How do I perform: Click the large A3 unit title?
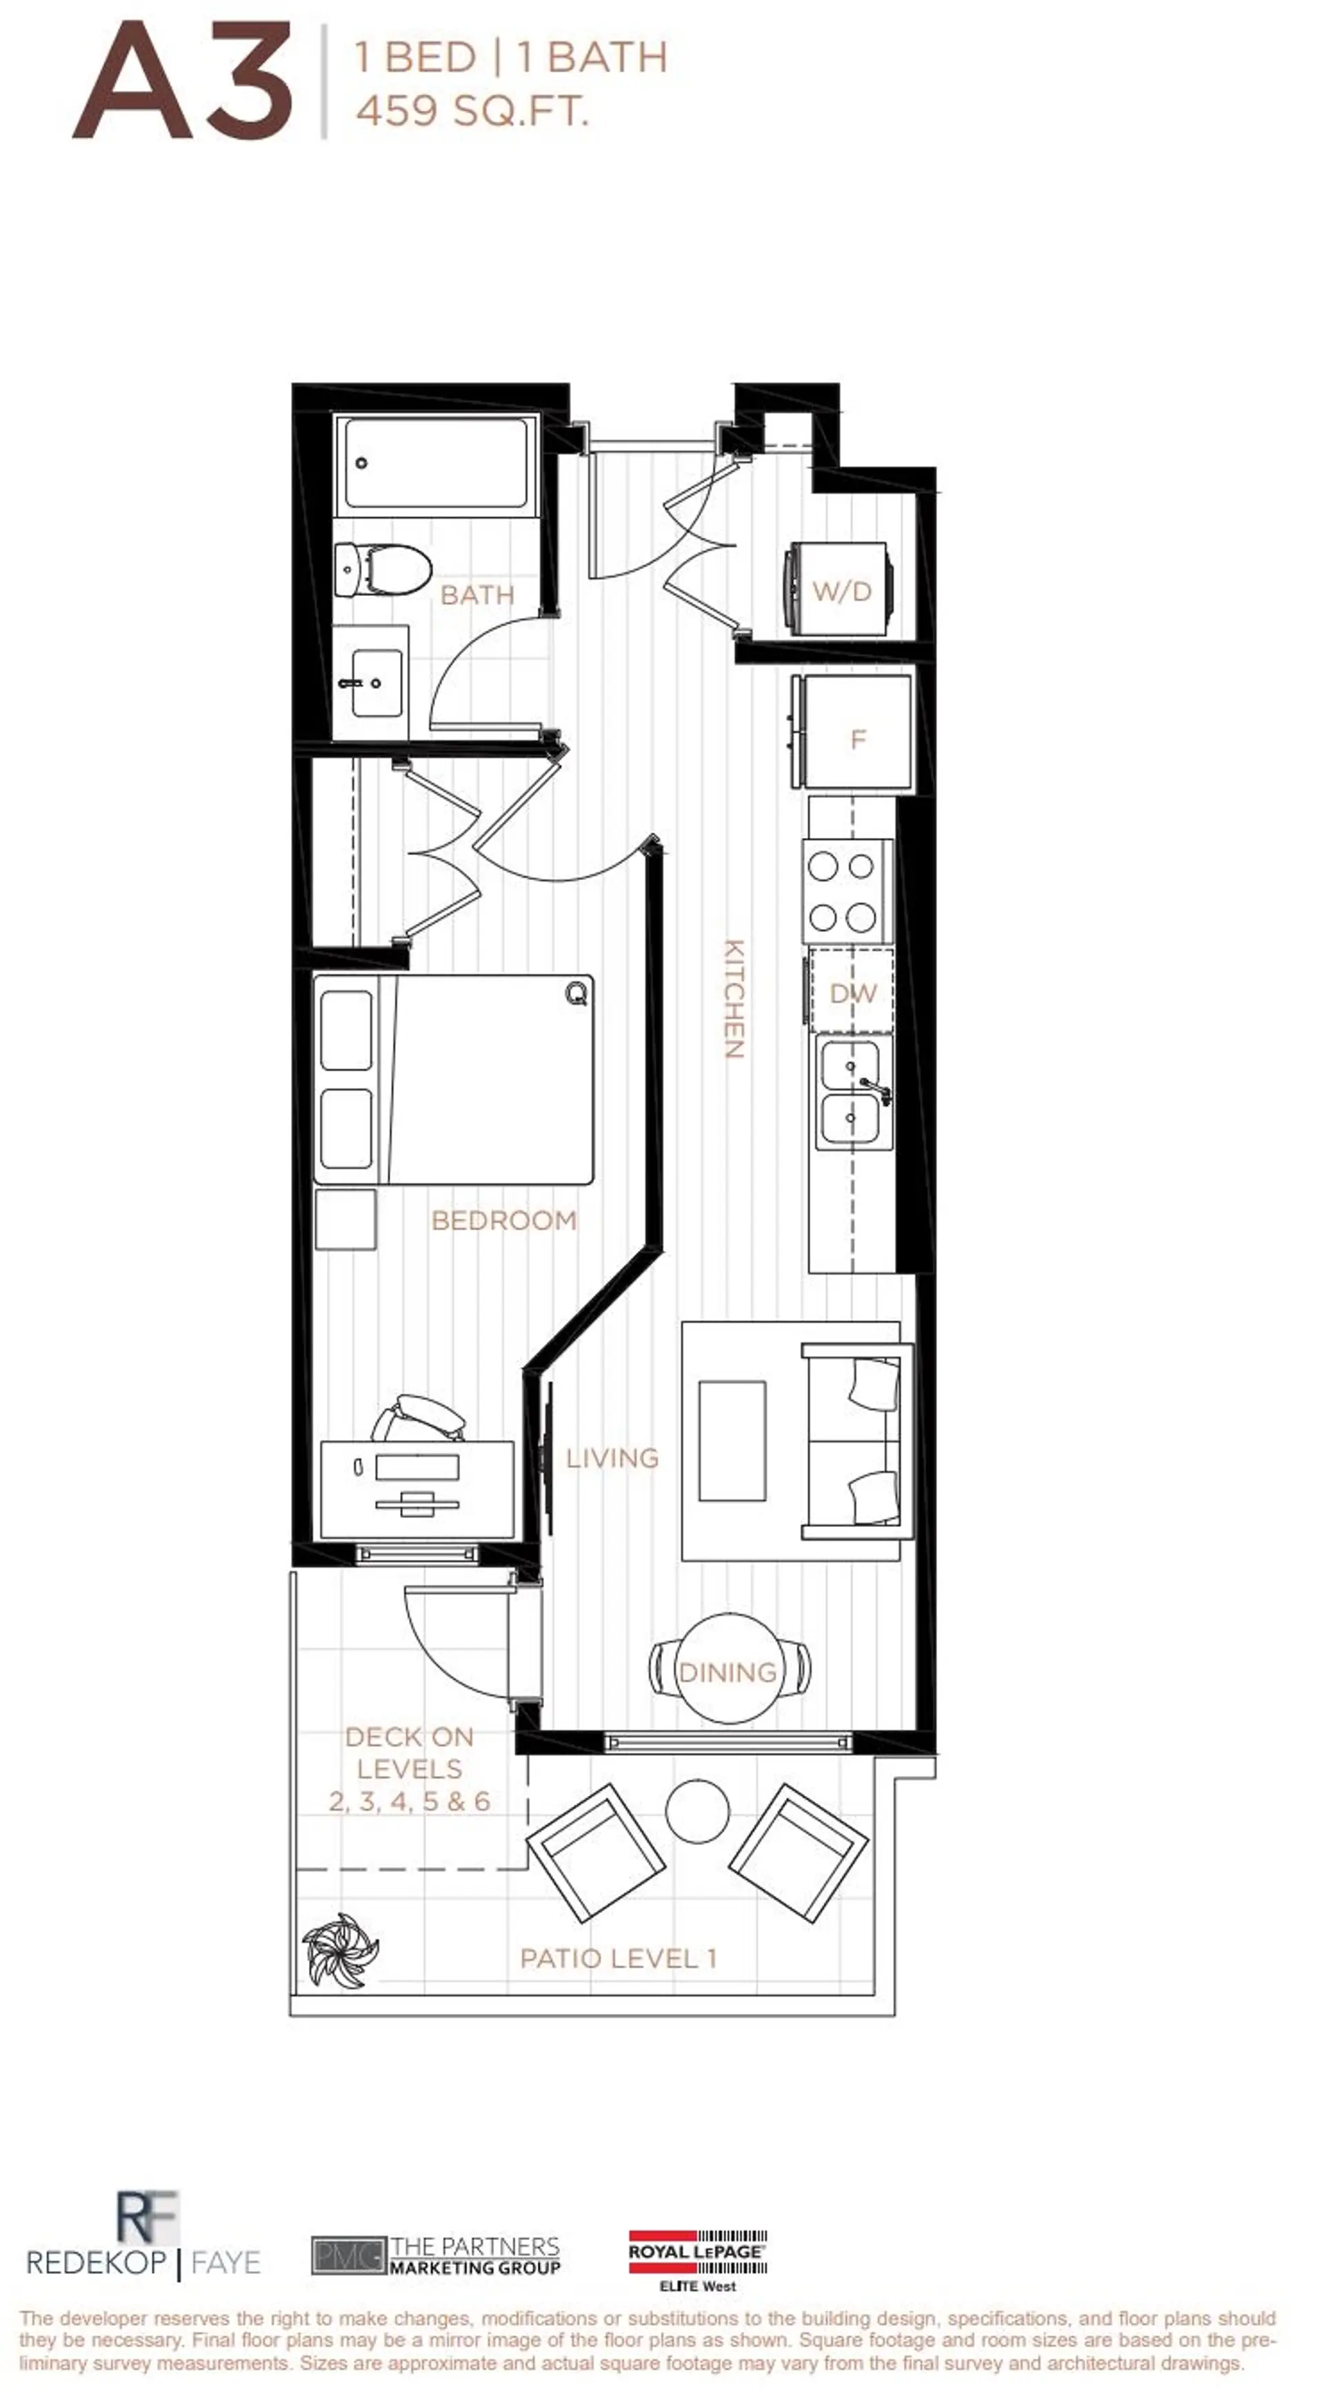[x=183, y=83]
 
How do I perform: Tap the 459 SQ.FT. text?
[x=472, y=112]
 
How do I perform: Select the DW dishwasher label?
[x=852, y=993]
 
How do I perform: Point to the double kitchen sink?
[x=849, y=1093]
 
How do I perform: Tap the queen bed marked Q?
[x=454, y=1079]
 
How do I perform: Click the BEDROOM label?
[x=503, y=1221]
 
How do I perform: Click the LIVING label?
[x=612, y=1458]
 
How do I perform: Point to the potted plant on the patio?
[x=341, y=1951]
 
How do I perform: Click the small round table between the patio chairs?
[x=696, y=1810]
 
